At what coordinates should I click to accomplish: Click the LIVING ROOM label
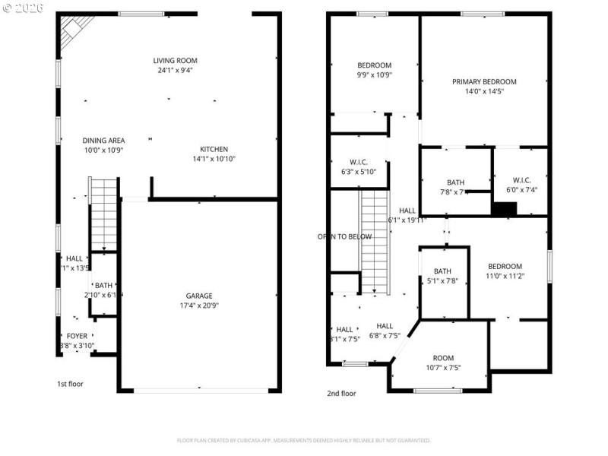(x=176, y=61)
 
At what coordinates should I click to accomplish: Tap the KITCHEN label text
(x=214, y=149)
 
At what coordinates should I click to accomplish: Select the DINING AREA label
(x=103, y=141)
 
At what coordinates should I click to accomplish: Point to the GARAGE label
(x=199, y=296)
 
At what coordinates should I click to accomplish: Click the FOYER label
(x=77, y=336)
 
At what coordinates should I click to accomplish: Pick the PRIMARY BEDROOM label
(x=484, y=82)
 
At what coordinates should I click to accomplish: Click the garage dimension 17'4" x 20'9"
(x=199, y=306)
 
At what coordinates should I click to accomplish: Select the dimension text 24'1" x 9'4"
(x=176, y=71)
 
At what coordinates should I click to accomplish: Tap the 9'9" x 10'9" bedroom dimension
(x=374, y=75)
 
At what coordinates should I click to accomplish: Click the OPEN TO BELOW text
(x=344, y=236)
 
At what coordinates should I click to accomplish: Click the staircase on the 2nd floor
(x=374, y=241)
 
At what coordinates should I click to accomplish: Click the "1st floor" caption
(x=71, y=384)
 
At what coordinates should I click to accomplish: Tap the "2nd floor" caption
(x=341, y=394)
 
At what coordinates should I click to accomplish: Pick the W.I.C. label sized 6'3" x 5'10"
(x=359, y=162)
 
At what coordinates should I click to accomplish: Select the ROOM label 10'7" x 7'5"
(x=443, y=358)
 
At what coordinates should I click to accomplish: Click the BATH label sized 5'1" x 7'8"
(x=442, y=271)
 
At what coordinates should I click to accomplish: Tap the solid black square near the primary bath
(x=504, y=209)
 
